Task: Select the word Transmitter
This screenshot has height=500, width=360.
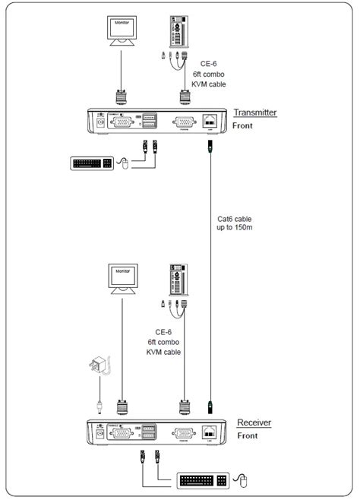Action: pyautogui.click(x=255, y=112)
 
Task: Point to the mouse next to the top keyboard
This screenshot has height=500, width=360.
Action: pyautogui.click(x=125, y=163)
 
